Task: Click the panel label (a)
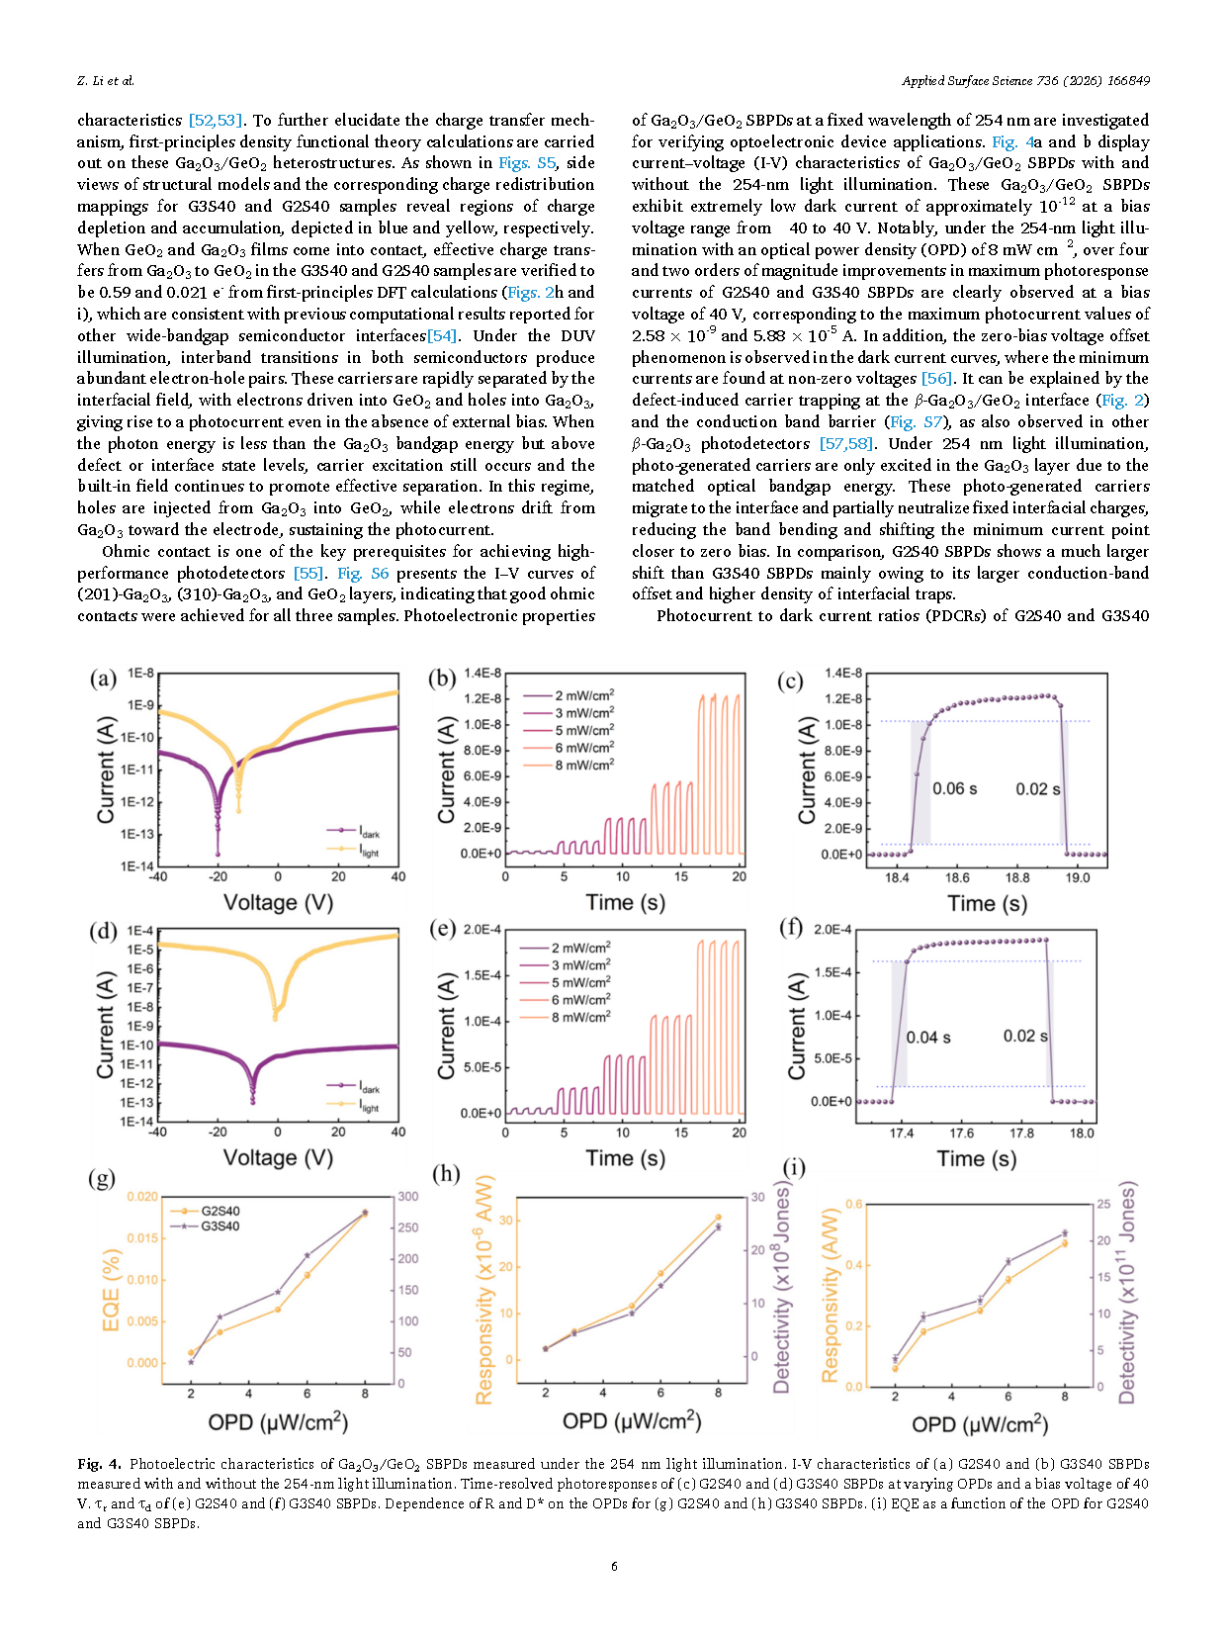[103, 679]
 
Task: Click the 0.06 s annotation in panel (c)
[954, 788]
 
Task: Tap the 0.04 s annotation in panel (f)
[928, 1037]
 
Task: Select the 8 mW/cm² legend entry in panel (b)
[569, 765]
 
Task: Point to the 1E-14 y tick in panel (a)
[139, 866]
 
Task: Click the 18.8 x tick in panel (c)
[1017, 877]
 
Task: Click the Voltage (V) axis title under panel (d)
[278, 1157]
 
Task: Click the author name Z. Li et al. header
[106, 80]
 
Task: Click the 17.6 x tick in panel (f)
[961, 1133]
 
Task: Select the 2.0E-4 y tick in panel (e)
[482, 930]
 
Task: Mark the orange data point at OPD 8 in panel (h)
[718, 1218]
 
